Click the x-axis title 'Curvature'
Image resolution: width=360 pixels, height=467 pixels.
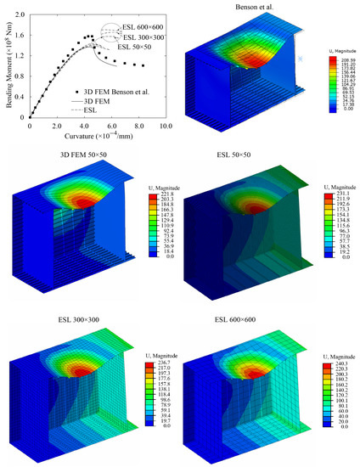tap(89, 136)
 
